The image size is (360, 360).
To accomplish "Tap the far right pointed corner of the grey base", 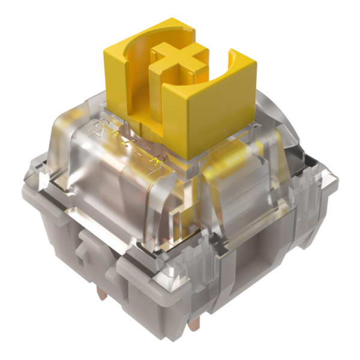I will (333, 180).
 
